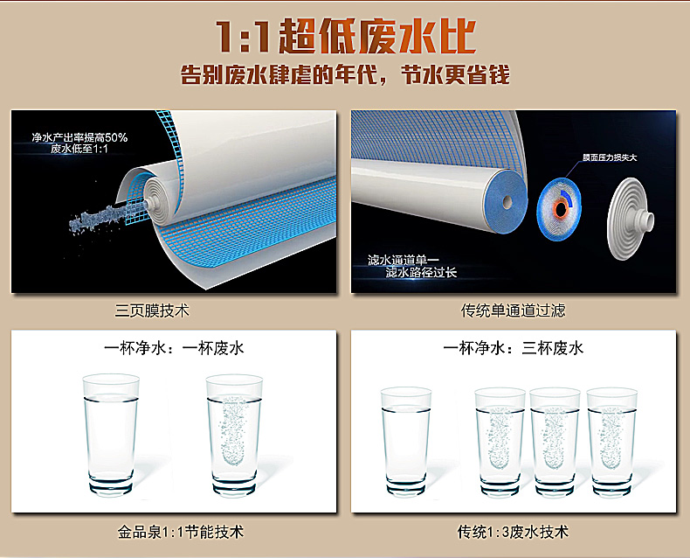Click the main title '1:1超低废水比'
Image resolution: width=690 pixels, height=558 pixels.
pos(346,36)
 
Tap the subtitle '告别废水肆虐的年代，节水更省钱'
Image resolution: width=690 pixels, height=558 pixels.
pos(346,74)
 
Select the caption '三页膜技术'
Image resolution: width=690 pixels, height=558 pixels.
pos(152,310)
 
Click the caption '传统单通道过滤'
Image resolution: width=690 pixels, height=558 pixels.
pos(513,310)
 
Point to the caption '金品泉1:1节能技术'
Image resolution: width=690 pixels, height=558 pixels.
pos(181,532)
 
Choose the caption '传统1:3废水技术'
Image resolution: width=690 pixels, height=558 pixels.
pos(513,532)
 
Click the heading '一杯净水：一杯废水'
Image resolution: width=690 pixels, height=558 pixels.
pos(174,348)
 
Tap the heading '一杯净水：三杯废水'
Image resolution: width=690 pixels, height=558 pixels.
pos(513,348)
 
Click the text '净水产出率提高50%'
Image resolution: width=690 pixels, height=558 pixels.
pos(79,137)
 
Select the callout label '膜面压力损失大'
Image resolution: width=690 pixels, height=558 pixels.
pos(610,157)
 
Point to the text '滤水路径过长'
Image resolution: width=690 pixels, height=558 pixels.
pos(421,272)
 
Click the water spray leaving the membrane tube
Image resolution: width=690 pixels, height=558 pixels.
pos(106,218)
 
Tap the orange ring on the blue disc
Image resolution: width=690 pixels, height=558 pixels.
pos(560,210)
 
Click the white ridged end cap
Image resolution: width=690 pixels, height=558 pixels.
pos(630,219)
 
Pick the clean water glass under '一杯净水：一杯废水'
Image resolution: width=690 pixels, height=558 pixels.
pos(111,435)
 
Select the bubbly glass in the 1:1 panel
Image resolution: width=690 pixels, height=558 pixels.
pos(234,435)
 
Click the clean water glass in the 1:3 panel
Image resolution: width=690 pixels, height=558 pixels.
pos(406,441)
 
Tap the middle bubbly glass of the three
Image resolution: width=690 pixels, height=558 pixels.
pos(555,442)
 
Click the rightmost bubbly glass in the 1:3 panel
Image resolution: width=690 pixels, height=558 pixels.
pos(611,442)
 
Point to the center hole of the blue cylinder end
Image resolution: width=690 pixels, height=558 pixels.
pos(507,202)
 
